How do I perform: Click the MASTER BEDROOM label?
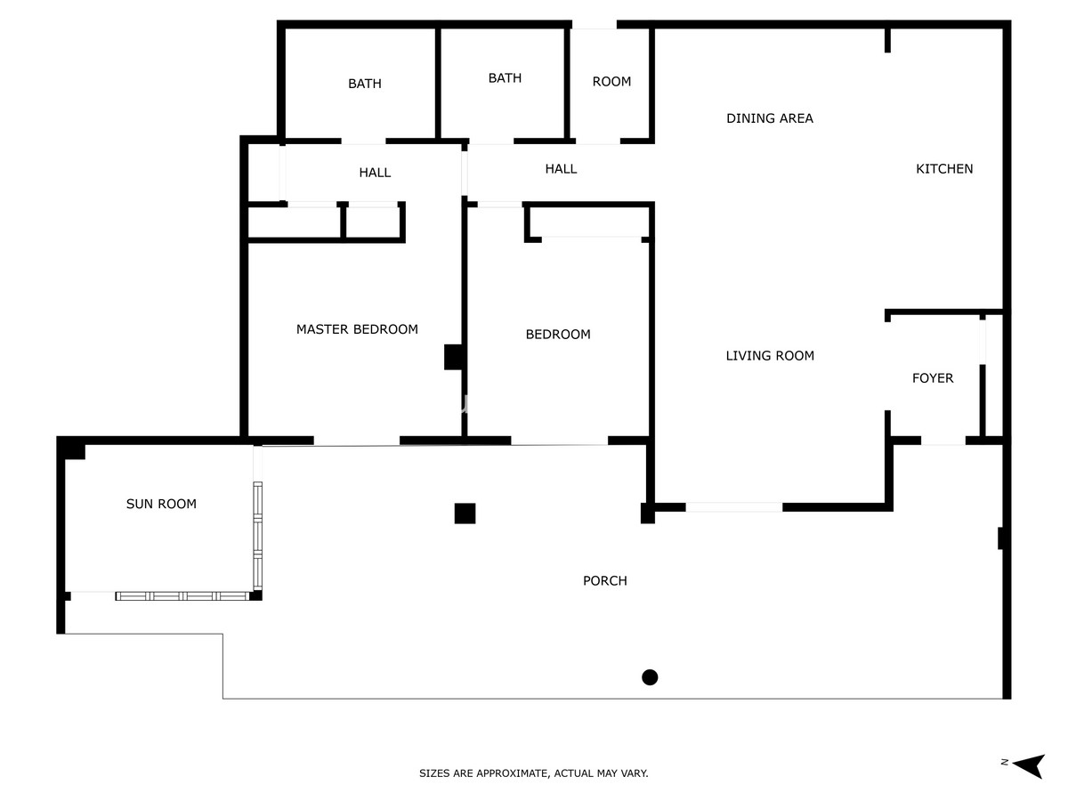point(357,329)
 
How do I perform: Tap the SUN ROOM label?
point(161,504)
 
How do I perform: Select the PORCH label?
point(605,580)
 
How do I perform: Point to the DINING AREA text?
point(769,118)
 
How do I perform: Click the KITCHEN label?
point(944,169)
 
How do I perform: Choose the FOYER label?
point(932,378)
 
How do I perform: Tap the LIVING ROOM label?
point(770,355)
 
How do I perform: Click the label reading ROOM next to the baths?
point(611,81)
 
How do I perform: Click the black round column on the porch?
point(650,677)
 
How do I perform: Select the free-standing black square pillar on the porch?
point(465,514)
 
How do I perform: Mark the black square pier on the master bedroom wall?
point(453,357)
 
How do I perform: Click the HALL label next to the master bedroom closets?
point(375,173)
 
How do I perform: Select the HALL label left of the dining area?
point(561,169)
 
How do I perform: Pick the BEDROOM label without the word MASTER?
point(558,334)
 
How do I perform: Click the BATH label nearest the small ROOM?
point(505,77)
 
